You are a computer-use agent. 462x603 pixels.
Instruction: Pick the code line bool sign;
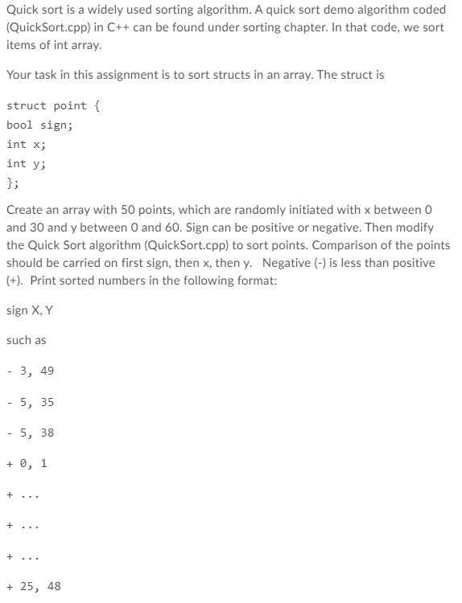pyautogui.click(x=41, y=125)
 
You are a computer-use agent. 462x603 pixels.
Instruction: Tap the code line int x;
pyautogui.click(x=26, y=145)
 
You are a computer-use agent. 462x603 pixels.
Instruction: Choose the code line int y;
pyautogui.click(x=26, y=164)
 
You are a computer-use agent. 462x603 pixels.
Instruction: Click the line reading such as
pyautogui.click(x=26, y=340)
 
